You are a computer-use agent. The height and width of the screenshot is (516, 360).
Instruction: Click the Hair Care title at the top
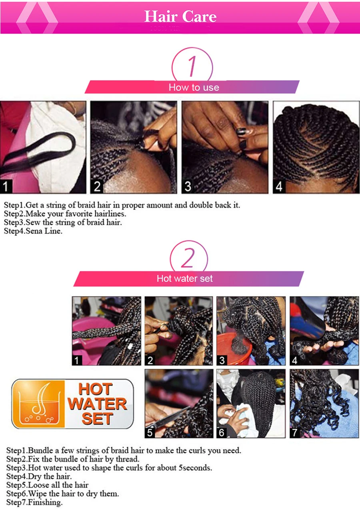coord(180,16)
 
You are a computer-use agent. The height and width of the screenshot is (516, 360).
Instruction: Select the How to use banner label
coord(194,87)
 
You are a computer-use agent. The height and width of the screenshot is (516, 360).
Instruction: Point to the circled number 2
coord(188,258)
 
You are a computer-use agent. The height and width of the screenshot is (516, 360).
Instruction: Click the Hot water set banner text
coord(184,279)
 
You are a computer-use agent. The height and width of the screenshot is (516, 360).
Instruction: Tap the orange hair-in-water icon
coord(38,404)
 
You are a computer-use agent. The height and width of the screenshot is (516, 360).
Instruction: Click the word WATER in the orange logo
coord(97,404)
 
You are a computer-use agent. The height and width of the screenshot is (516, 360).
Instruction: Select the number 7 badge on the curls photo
coord(295,432)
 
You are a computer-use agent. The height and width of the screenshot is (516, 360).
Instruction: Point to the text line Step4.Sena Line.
coord(33,231)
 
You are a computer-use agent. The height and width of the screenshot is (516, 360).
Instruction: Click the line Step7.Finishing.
coord(34,502)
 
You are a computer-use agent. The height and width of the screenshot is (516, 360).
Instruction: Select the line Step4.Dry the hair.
coord(39,476)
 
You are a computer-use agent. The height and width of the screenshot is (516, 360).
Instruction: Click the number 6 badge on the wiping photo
coord(222,432)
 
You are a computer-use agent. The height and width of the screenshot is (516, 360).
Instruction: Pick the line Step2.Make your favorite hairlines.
coord(65,214)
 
